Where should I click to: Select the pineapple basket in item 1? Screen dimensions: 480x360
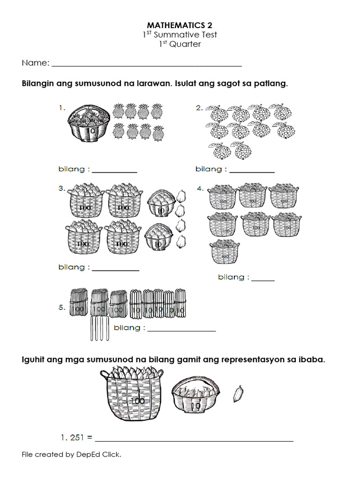coord(89,123)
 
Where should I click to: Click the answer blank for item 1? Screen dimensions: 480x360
coord(114,171)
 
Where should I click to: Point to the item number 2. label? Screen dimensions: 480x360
coord(199,108)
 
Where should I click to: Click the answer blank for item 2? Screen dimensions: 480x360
coord(252,171)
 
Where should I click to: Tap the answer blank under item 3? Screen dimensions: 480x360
coord(115,269)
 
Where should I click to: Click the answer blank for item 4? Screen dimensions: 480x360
coord(263,279)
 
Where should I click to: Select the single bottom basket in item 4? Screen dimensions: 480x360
coord(225,252)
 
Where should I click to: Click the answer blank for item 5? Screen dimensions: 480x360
coord(181,330)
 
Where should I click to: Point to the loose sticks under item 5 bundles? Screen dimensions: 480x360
coord(99,328)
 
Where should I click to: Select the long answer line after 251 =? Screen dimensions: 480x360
coord(194,440)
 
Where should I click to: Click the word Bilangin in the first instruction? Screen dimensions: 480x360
coord(38,84)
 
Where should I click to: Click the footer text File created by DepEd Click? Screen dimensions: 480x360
coord(71,454)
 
